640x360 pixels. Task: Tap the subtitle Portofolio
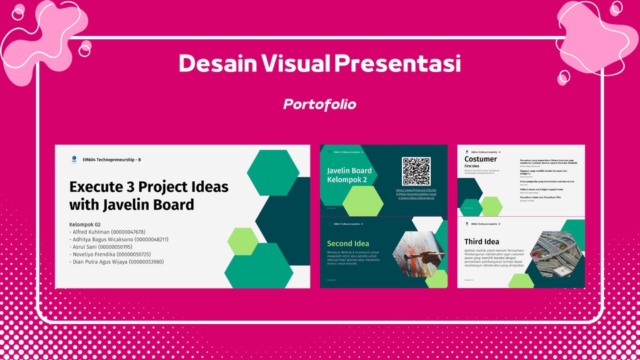319,104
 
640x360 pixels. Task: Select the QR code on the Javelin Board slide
416,171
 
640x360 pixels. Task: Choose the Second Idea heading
347,243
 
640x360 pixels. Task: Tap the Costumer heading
481,159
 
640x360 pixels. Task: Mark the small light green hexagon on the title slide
243,241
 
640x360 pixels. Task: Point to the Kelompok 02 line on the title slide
85,224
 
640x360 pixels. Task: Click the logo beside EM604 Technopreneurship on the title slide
73,159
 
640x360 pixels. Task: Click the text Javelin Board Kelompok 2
349,175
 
